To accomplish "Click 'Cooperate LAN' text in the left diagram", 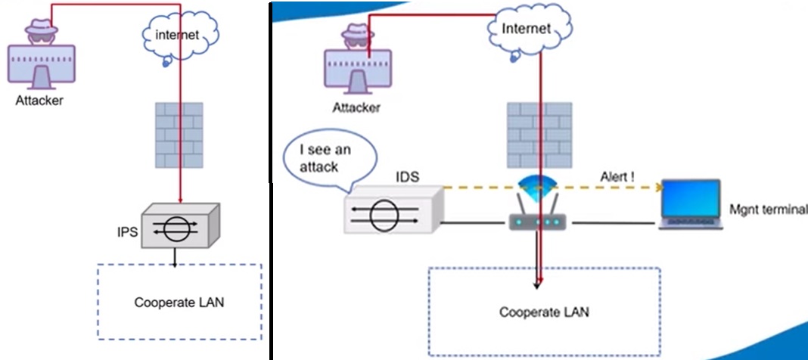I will (179, 303).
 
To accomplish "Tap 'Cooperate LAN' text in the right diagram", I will (544, 312).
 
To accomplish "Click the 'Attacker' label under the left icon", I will (39, 101).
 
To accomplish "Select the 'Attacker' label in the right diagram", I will (356, 107).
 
